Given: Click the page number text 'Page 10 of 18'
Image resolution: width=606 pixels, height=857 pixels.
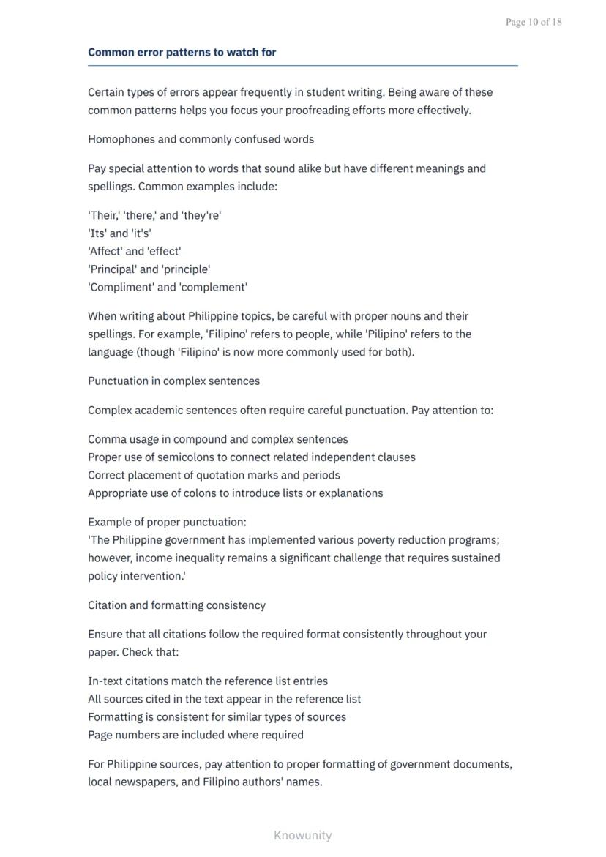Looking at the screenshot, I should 534,22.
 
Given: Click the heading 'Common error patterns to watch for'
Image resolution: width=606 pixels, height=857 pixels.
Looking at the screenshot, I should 182,53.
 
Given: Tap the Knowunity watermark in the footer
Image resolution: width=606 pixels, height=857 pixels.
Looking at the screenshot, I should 302,835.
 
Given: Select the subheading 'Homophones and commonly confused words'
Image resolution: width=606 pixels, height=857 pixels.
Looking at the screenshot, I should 201,139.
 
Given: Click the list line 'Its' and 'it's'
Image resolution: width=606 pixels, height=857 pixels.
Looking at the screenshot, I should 119,233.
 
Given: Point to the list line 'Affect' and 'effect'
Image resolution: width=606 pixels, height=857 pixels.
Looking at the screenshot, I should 134,251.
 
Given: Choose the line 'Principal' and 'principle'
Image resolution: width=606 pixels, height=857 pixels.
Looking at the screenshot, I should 149,269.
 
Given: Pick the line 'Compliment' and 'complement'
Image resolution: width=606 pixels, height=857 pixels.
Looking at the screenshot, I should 168,287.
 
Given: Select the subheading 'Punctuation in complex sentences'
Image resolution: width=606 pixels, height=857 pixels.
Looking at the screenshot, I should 173,381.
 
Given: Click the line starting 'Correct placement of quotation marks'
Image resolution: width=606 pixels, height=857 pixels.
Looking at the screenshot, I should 214,475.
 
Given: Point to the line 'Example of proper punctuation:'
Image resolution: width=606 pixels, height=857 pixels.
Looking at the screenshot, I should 167,523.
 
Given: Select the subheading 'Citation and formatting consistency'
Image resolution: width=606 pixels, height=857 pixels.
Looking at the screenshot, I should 176,605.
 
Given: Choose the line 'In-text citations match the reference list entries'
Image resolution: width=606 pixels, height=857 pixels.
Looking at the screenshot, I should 208,681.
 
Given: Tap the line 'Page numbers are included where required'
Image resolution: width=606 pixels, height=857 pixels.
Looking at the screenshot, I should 195,735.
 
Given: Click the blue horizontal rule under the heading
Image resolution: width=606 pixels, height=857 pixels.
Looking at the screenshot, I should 302,66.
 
